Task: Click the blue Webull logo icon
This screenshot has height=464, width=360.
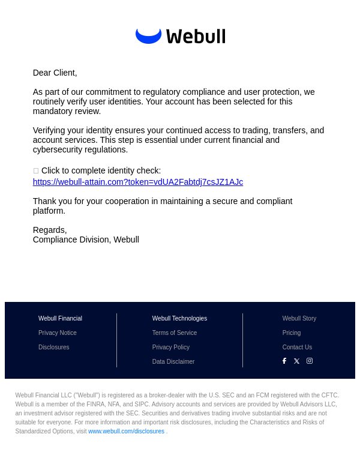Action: (148, 35)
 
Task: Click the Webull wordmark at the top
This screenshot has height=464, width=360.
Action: (196, 37)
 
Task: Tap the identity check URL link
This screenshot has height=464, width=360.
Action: (138, 182)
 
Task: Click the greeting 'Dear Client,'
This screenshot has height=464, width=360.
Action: (55, 73)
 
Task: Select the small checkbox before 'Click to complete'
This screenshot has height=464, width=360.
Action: (36, 171)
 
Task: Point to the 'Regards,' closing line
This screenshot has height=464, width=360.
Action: (50, 230)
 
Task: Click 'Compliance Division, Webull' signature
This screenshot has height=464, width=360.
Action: (86, 240)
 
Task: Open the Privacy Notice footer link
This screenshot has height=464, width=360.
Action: (58, 333)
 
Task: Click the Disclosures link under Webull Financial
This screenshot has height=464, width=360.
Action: (54, 347)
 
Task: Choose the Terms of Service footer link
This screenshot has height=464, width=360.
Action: (175, 333)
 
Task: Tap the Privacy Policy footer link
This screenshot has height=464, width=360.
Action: (171, 347)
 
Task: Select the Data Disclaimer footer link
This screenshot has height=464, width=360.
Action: (173, 361)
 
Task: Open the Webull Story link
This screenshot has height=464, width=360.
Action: (299, 318)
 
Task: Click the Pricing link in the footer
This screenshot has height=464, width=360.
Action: (292, 333)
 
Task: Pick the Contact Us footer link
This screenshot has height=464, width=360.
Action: (297, 347)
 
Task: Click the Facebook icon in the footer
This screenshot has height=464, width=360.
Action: (284, 361)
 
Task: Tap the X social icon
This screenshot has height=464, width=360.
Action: (296, 361)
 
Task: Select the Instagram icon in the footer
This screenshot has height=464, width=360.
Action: (310, 361)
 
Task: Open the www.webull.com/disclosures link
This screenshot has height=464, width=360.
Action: (126, 431)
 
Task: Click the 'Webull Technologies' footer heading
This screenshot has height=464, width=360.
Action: (179, 318)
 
